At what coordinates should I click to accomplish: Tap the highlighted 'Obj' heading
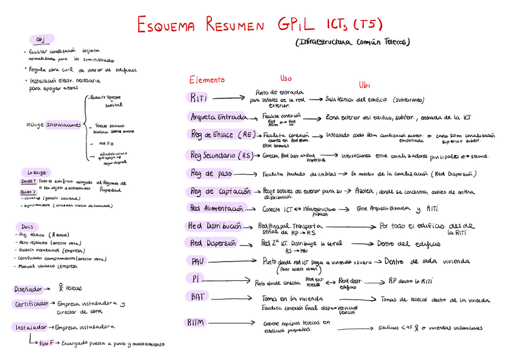pyautogui.click(x=41, y=40)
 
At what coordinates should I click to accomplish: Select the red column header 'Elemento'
pyautogui.click(x=207, y=80)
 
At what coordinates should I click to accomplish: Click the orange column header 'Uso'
pyautogui.click(x=286, y=79)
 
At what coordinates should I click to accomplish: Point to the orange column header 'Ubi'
pyautogui.click(x=364, y=85)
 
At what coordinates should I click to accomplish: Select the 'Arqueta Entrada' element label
pyautogui.click(x=218, y=116)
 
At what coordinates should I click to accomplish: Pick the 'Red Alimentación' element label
pyautogui.click(x=217, y=209)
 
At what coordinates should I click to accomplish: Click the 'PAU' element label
pyautogui.click(x=198, y=262)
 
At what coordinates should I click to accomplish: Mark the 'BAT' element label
pyautogui.click(x=198, y=296)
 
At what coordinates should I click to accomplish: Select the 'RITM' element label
pyautogui.click(x=196, y=322)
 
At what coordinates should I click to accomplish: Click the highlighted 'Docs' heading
pyautogui.click(x=26, y=226)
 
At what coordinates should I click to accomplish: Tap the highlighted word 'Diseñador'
pyautogui.click(x=28, y=289)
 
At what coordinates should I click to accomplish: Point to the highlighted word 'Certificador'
pyautogui.click(x=31, y=304)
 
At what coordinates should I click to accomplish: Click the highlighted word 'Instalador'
pyautogui.click(x=29, y=327)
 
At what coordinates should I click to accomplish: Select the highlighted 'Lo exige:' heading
pyautogui.click(x=33, y=172)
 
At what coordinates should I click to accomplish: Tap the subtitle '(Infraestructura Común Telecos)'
pyautogui.click(x=352, y=43)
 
